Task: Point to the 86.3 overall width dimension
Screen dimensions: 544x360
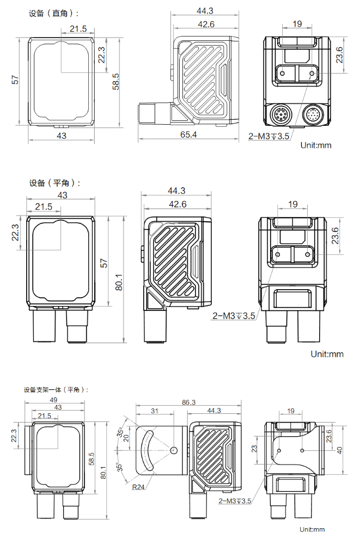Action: click(188, 402)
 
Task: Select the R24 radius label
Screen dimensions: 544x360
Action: click(138, 486)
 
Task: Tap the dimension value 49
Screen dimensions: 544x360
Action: click(53, 400)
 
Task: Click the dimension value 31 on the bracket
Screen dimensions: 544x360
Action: click(155, 411)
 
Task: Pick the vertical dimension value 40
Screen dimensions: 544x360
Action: click(339, 449)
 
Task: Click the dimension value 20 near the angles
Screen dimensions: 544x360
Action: click(127, 438)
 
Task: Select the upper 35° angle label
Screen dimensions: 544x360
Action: click(119, 433)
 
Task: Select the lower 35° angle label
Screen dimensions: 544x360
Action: click(119, 466)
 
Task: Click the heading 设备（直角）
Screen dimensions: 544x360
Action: click(53, 13)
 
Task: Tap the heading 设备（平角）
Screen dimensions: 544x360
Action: click(54, 183)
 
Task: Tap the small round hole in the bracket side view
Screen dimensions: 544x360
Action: click(174, 450)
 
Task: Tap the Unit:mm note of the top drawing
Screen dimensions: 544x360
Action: click(315, 145)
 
